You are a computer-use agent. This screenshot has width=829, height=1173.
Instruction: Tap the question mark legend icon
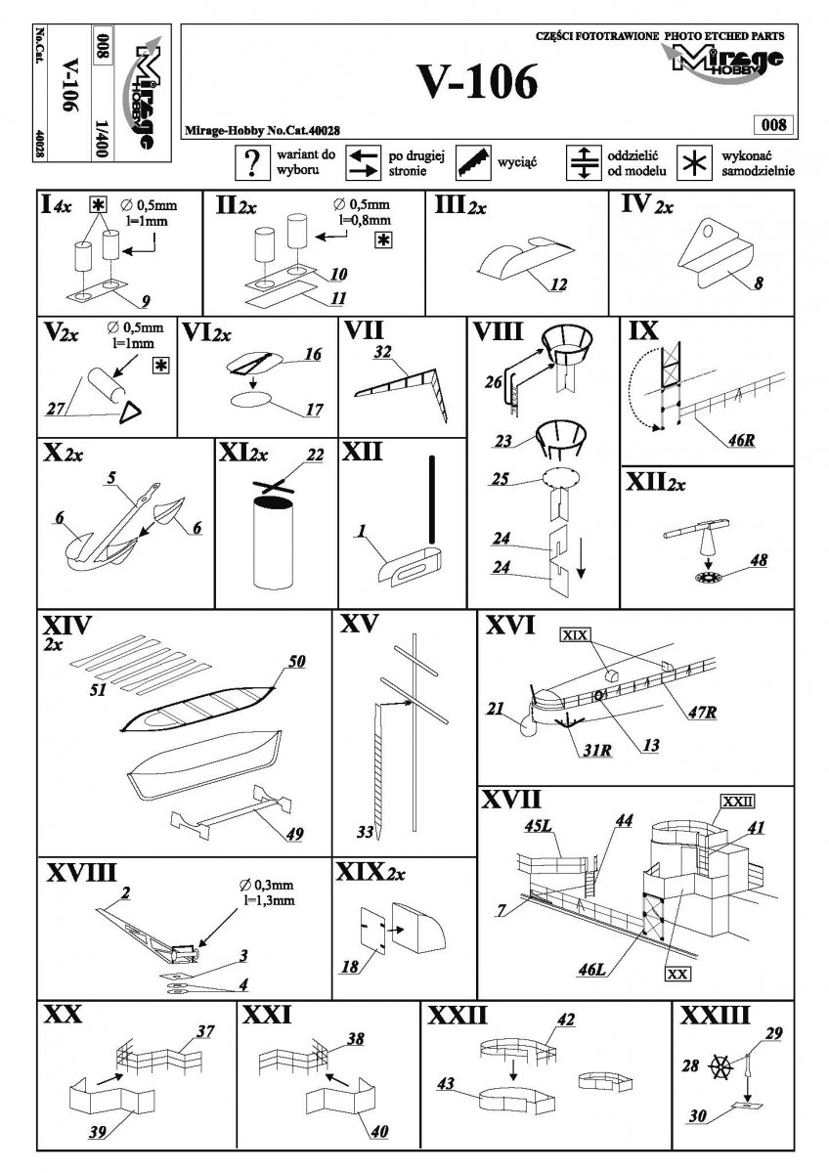point(252,163)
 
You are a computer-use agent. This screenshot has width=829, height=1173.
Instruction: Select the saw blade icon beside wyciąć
point(473,163)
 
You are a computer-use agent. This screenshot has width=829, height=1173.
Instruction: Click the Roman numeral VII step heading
point(364,330)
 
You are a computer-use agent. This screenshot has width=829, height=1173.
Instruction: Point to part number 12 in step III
point(558,284)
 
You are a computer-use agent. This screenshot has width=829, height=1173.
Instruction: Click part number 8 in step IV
point(759,283)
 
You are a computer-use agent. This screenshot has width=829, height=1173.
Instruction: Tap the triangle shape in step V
point(130,413)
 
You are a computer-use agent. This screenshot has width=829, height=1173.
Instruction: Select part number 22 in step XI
point(315,456)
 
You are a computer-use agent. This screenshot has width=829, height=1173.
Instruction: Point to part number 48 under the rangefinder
point(759,560)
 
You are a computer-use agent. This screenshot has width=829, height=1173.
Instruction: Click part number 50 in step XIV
point(296,662)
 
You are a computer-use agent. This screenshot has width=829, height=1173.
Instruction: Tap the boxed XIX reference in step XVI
point(575,635)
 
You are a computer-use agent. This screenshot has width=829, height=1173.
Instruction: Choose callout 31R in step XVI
point(597,751)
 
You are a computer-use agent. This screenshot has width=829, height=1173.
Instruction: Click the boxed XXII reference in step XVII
point(738,802)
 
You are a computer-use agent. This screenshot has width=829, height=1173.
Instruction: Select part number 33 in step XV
point(365,832)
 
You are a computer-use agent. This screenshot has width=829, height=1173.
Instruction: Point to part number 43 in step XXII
point(446,1083)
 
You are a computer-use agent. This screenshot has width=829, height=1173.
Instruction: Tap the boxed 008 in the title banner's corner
point(773,125)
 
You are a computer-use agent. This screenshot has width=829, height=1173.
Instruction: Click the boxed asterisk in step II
point(384,240)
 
